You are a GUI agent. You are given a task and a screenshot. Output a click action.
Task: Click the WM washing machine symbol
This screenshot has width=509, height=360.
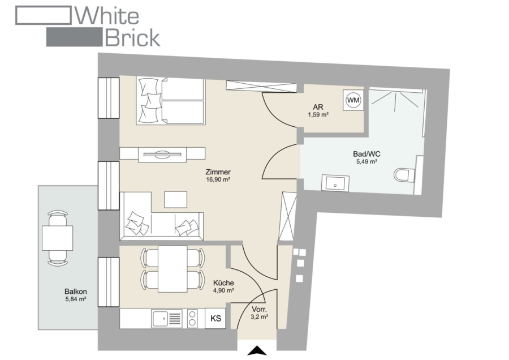point(353,100)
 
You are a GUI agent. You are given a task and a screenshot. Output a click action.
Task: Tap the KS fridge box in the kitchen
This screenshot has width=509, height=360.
point(215,318)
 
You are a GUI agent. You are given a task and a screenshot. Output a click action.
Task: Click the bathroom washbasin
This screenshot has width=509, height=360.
point(335,183)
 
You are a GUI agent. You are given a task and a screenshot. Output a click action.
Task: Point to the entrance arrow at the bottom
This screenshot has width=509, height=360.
point(257,350)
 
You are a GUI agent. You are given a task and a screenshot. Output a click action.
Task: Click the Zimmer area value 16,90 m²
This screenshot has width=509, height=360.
point(218,179)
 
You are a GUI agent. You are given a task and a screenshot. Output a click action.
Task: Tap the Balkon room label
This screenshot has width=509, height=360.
point(76,292)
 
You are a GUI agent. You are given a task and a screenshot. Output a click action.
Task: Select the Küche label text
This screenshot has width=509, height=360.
point(223,283)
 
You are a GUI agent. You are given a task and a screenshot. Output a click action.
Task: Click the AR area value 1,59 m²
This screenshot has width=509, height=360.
point(318,115)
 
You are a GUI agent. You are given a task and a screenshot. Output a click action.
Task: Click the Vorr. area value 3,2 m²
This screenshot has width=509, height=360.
point(260,317)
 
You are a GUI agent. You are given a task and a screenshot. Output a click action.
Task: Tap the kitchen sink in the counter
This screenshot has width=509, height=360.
point(166,318)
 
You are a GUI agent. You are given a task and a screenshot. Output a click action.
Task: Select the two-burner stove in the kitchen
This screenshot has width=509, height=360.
point(192,318)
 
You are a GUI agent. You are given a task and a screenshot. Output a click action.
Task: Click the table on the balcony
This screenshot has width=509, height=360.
point(58,238)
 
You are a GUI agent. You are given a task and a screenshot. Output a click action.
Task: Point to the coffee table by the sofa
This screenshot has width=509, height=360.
point(176,199)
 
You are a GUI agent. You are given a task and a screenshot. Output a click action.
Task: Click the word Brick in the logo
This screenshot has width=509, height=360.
point(132,38)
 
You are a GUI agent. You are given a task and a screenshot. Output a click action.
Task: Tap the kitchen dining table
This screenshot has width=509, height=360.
point(172,269)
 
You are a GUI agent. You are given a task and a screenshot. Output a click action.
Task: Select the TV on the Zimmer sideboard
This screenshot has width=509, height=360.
point(162,154)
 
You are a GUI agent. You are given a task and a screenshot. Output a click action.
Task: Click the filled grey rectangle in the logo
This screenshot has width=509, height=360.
point(74,37)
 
